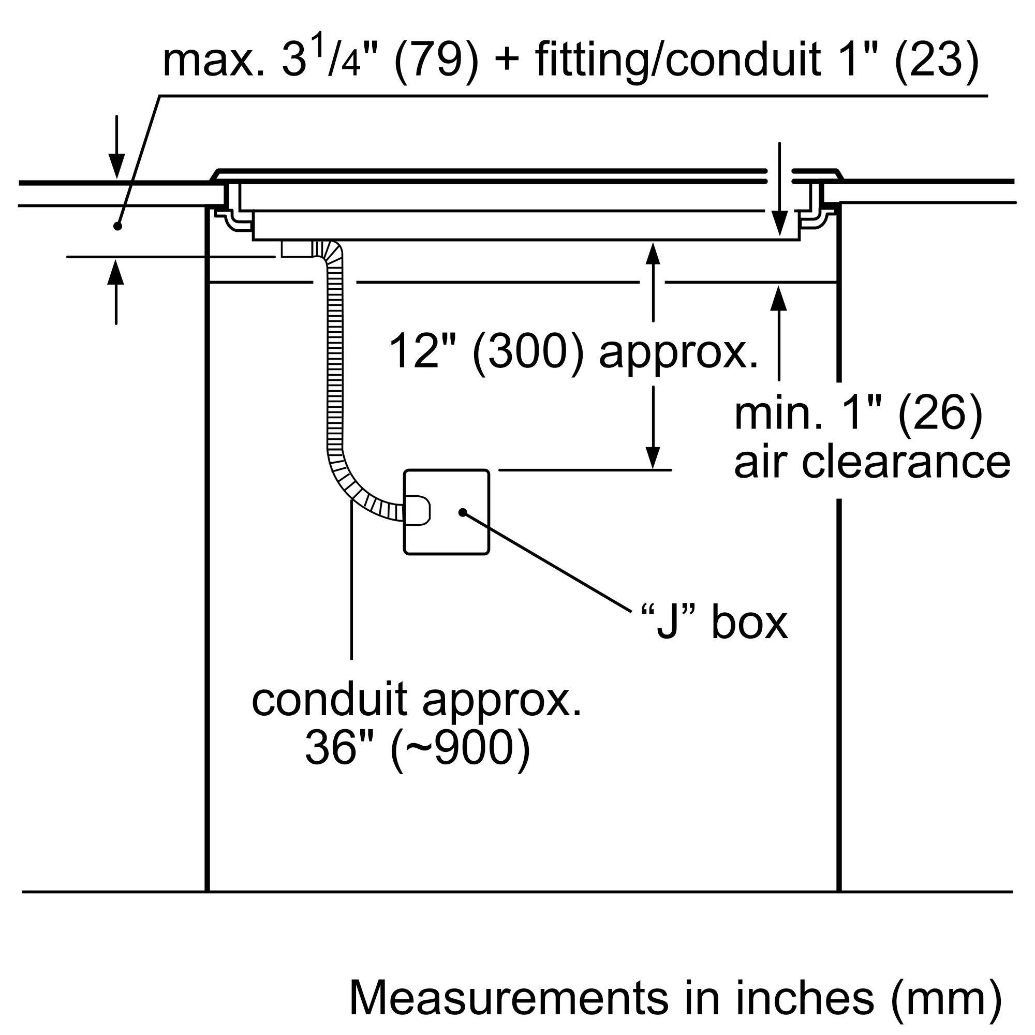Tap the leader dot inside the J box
point(461,513)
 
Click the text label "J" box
point(714,624)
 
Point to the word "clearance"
point(905,462)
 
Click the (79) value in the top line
point(436,62)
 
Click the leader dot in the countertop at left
point(118,227)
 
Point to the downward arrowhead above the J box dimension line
point(653,458)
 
